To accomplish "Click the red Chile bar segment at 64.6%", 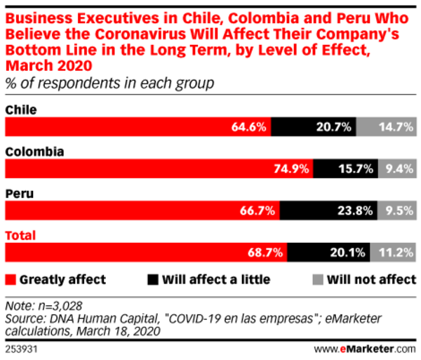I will tap(138, 127).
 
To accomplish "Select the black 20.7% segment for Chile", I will tap(314, 127).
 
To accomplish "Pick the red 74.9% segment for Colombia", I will tap(159, 168).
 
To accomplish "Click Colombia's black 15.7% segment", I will tap(347, 168).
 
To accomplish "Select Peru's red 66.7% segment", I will tap(142, 209).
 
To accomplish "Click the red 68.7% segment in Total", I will tap(146, 251).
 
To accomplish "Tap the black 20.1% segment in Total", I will tap(330, 251).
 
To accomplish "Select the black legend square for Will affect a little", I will tap(152, 279).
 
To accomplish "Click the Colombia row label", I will tap(34, 151).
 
